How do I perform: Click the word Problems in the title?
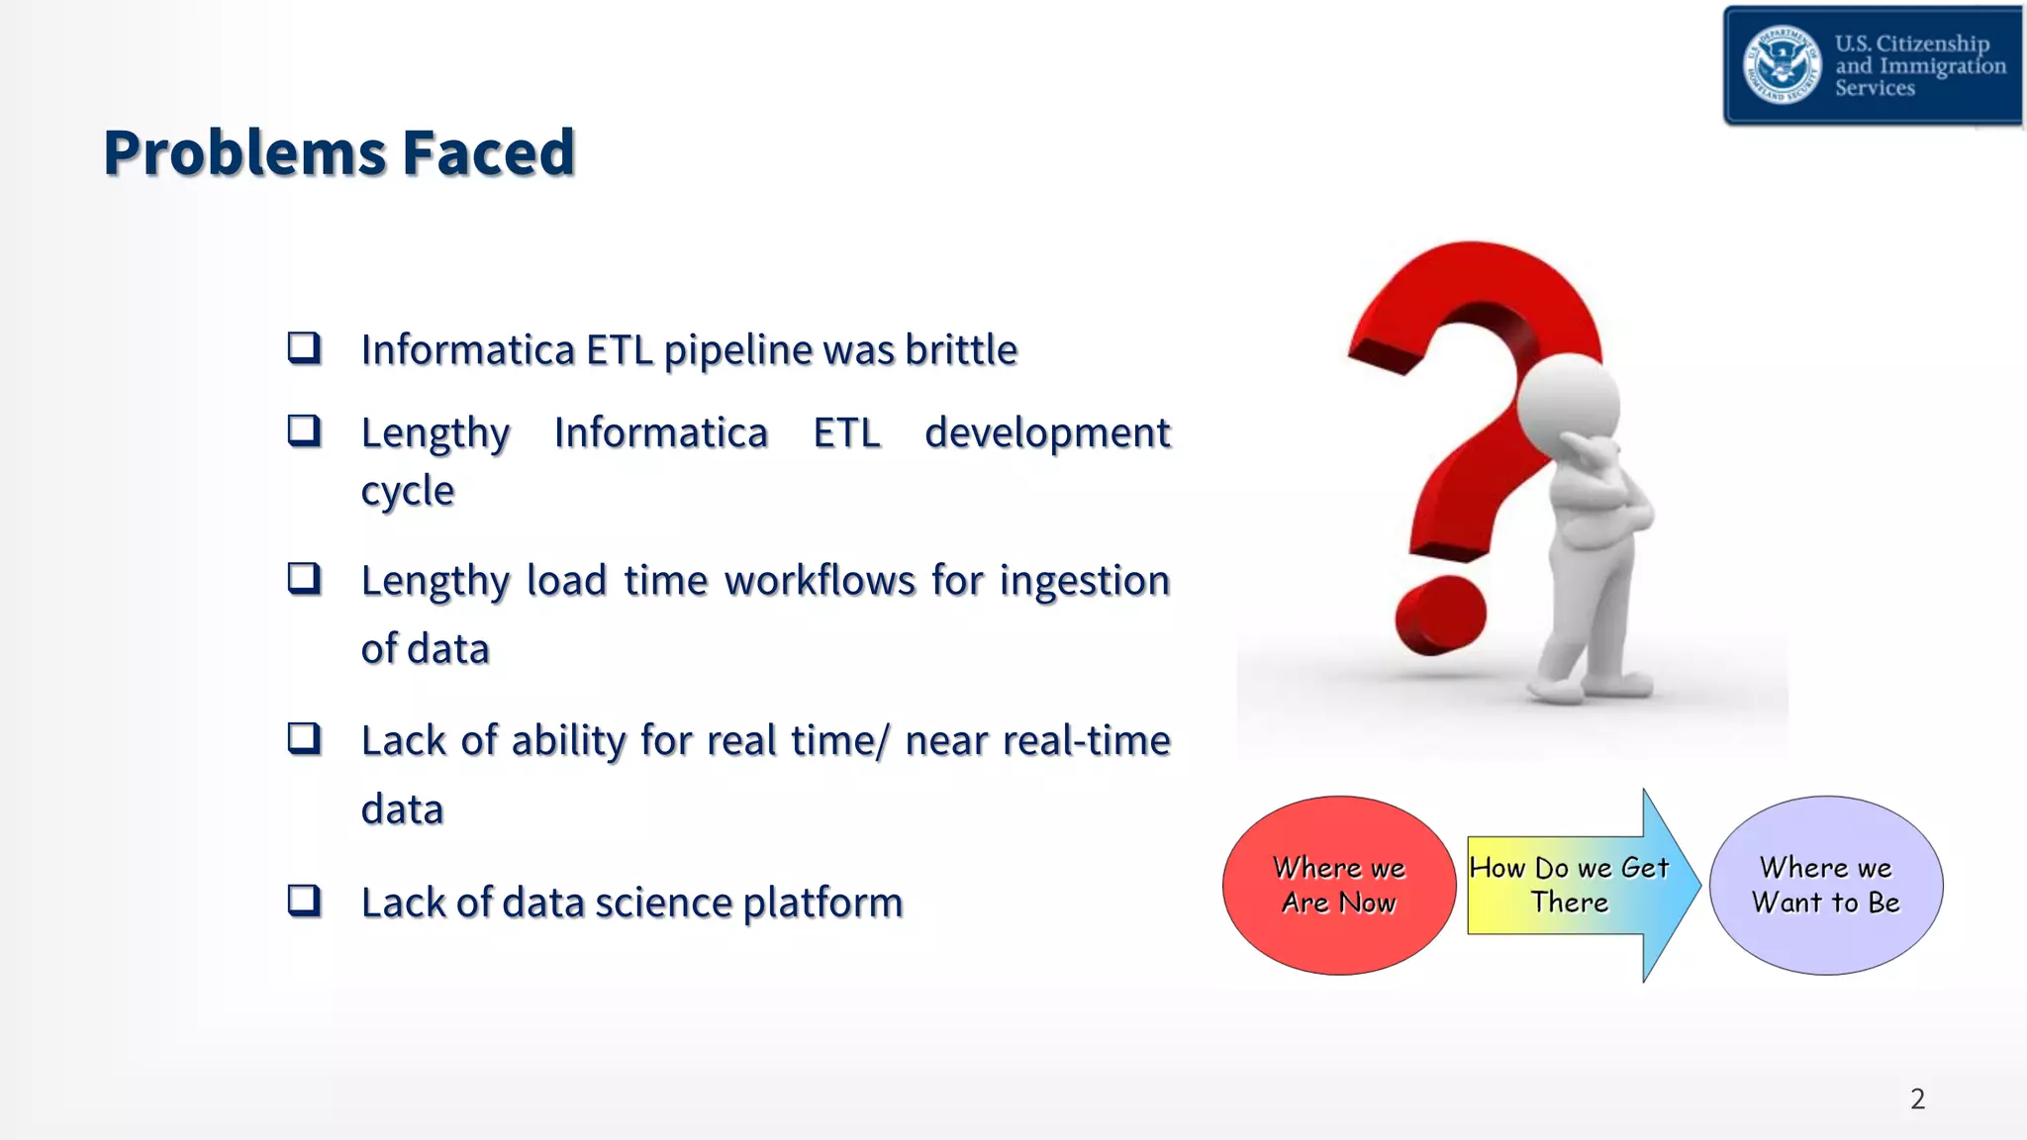tap(243, 153)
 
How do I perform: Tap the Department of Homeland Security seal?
tap(1782, 64)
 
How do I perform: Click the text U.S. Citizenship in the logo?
tap(1911, 44)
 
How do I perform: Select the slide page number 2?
tap(1917, 1099)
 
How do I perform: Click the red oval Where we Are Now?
tap(1338, 886)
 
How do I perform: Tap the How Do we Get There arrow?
tap(1574, 886)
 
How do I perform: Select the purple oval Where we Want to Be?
tap(1825, 886)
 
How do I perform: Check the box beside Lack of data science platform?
tap(304, 900)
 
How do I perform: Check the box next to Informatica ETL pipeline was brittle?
tap(304, 347)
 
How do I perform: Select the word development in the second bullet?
tap(1047, 433)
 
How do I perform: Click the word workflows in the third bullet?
tap(820, 581)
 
